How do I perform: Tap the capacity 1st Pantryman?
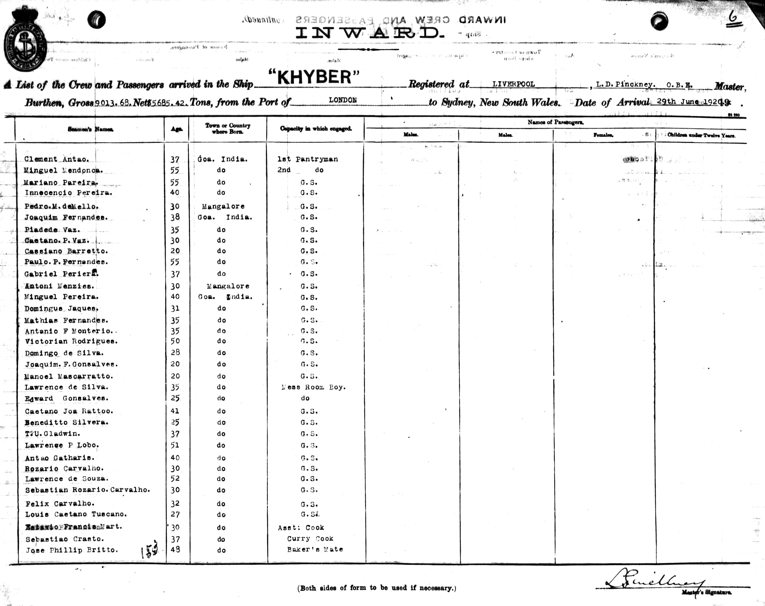click(x=307, y=159)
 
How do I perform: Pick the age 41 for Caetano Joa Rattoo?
click(x=175, y=411)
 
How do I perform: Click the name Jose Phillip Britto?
click(x=71, y=550)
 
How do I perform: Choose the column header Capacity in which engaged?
click(x=316, y=129)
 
